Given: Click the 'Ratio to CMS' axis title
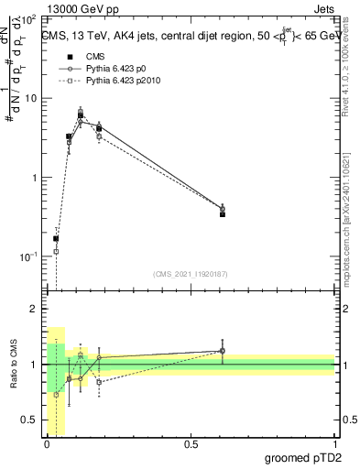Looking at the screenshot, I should click(x=15, y=365).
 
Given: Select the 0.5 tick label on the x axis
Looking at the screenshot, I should click(x=191, y=445).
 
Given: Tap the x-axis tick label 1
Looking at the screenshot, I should click(x=335, y=445).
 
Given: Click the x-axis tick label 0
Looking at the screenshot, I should click(x=47, y=445).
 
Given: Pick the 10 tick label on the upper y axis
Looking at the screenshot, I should click(x=30, y=98).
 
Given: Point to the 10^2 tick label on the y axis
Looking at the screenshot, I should click(x=28, y=18).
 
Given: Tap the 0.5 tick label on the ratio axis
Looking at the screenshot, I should click(x=30, y=420).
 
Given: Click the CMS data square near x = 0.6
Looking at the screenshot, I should click(x=223, y=213).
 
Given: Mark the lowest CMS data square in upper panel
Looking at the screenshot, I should click(x=56, y=238).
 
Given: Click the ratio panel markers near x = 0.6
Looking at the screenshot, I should click(x=223, y=351).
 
